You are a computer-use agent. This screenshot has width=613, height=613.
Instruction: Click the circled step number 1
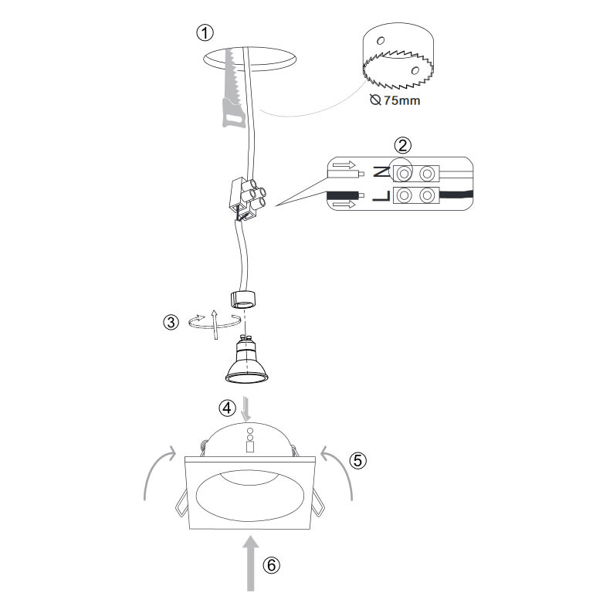click(205, 33)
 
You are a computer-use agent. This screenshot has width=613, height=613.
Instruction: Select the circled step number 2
click(403, 145)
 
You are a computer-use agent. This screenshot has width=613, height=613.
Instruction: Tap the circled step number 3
click(171, 323)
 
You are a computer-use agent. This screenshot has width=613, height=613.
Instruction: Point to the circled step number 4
click(227, 408)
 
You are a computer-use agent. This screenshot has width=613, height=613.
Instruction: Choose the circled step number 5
click(358, 461)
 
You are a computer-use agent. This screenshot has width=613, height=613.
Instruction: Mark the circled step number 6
click(271, 565)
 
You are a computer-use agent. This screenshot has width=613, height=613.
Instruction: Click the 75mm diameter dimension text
click(395, 100)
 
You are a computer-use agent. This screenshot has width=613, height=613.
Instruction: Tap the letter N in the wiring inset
click(381, 171)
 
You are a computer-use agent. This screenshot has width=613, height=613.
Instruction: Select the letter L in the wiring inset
click(381, 196)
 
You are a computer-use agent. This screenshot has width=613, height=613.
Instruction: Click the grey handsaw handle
click(233, 113)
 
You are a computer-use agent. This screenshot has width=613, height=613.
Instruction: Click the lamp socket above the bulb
click(243, 300)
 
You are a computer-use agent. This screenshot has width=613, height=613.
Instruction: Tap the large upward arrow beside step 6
click(251, 564)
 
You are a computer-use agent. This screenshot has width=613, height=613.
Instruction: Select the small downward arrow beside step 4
click(246, 409)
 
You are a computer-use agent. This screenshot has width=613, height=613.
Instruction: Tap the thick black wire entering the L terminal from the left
click(344, 195)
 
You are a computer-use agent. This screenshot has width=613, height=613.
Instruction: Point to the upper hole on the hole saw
click(381, 40)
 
